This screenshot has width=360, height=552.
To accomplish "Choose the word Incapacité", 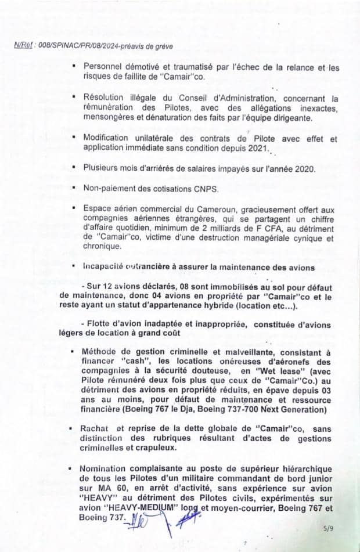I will coord(106,267).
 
